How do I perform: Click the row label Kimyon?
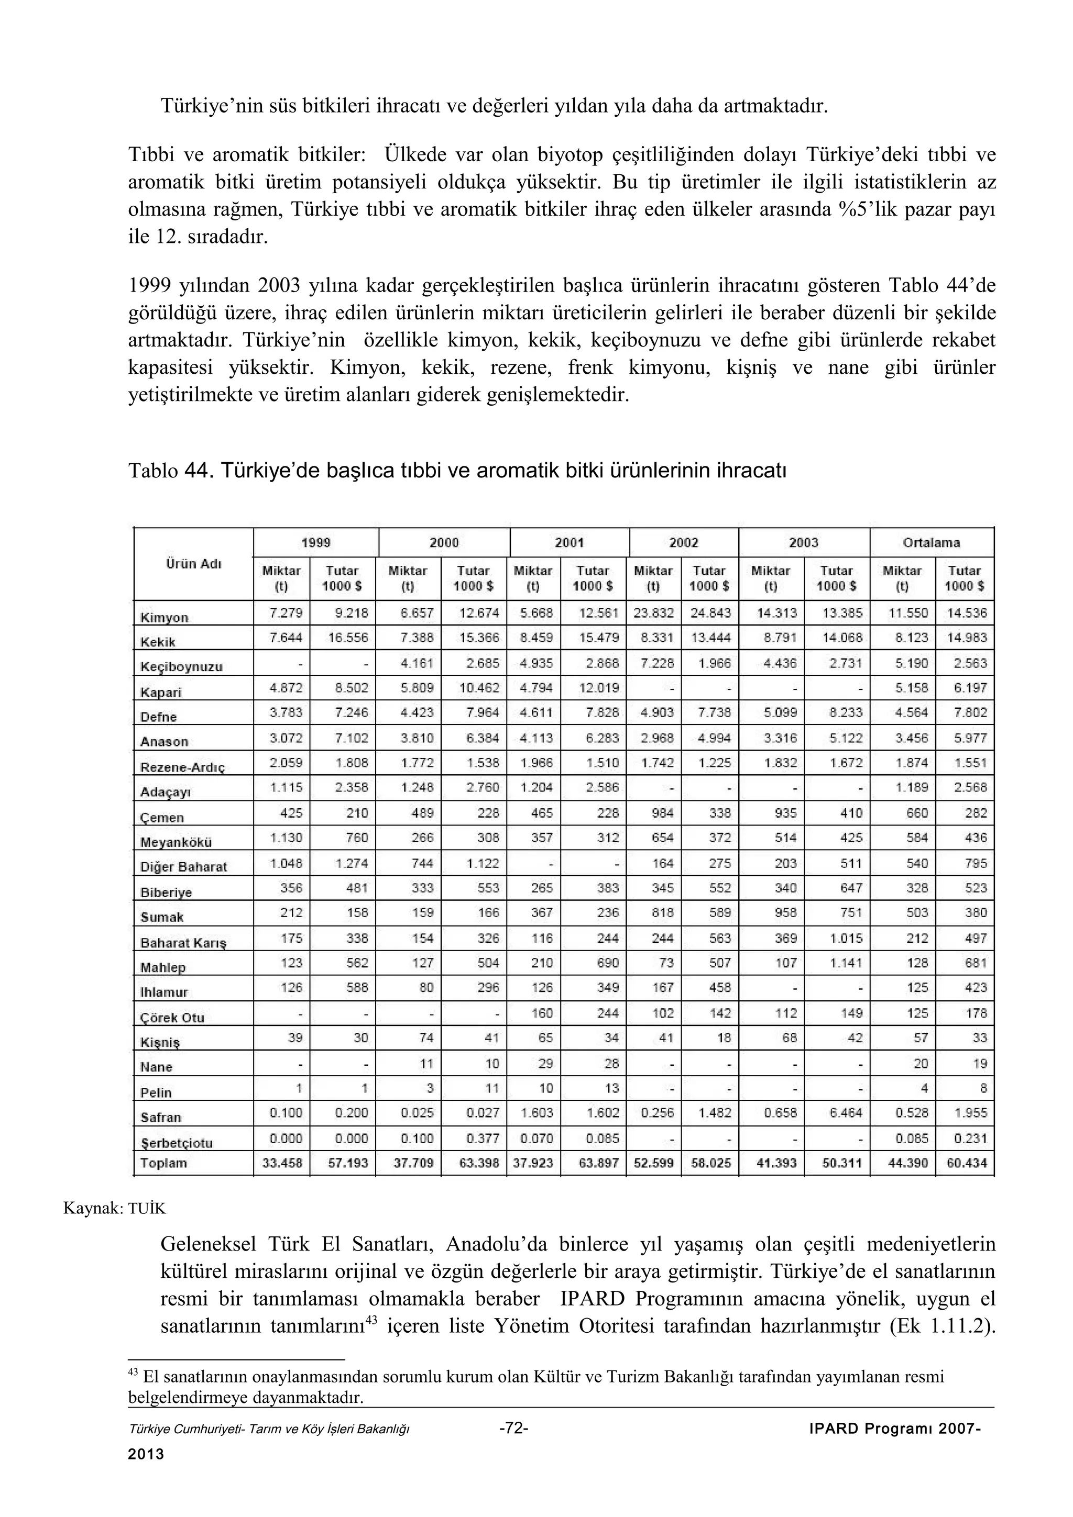point(164,617)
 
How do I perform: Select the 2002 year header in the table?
point(684,542)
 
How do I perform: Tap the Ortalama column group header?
point(931,542)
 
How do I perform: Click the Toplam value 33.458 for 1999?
point(282,1163)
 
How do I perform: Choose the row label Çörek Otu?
point(172,1018)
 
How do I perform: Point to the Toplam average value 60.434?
point(967,1163)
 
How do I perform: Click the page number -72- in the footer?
point(513,1428)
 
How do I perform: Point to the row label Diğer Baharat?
point(183,867)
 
